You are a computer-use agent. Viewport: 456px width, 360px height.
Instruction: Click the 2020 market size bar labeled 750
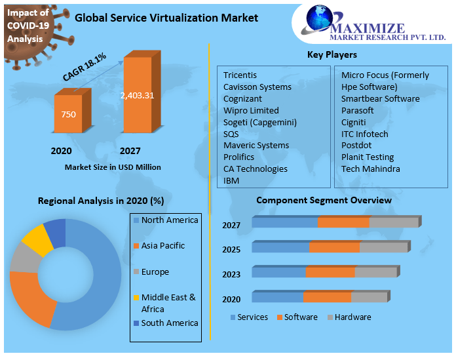click(x=68, y=114)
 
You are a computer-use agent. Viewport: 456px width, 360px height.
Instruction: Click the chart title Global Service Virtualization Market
click(x=166, y=18)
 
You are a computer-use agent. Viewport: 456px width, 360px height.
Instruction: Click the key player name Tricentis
click(x=240, y=75)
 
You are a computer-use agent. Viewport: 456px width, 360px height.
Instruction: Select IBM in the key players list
click(x=231, y=180)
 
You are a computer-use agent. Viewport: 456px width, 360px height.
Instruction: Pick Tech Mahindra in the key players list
click(x=370, y=169)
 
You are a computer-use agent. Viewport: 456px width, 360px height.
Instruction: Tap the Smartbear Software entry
click(x=380, y=98)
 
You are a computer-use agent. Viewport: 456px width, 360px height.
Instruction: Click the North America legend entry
click(x=169, y=220)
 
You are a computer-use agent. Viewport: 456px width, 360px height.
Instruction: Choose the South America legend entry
click(x=169, y=323)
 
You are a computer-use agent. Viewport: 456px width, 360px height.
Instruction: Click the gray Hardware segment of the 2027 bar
click(x=394, y=223)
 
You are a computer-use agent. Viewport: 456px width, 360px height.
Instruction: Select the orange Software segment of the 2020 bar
click(x=327, y=297)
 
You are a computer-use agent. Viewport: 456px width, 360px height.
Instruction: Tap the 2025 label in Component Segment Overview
click(x=231, y=250)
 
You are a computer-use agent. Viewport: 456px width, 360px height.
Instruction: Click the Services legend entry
click(x=252, y=317)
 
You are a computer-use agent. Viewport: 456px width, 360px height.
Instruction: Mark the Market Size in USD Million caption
click(x=113, y=167)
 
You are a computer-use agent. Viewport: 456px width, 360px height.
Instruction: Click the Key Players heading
click(x=332, y=54)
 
